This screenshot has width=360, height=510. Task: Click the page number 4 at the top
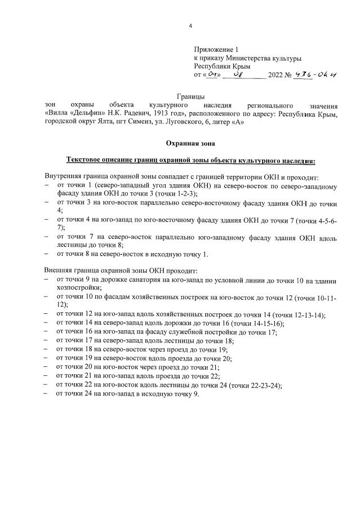(190, 26)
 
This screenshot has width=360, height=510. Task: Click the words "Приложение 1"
(216, 50)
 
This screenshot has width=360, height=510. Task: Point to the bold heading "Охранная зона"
(190, 144)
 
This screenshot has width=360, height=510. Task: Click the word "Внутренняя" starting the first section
(65, 177)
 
